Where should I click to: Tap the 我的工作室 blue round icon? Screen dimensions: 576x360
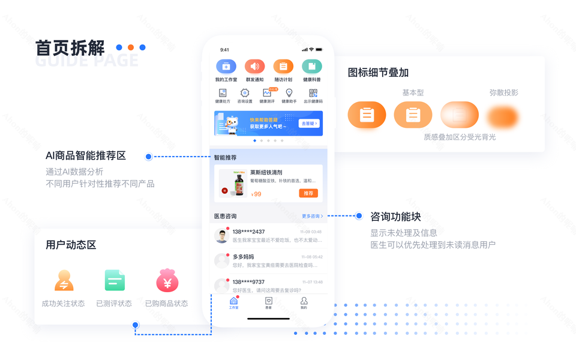pos(226,67)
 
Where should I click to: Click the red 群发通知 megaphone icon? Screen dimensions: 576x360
pos(255,67)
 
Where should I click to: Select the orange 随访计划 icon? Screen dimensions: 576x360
pos(283,67)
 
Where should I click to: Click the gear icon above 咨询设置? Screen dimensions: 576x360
pos(245,93)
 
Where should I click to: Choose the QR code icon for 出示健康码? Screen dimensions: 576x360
pos(313,93)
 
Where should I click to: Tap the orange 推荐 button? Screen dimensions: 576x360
pos(308,193)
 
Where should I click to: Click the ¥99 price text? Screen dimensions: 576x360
pos(256,194)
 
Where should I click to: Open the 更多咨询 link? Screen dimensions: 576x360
pos(312,216)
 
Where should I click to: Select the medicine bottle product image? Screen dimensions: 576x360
pos(232,184)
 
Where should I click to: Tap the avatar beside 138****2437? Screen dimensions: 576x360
pos(222,236)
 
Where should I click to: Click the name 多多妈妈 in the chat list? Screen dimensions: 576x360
pos(243,257)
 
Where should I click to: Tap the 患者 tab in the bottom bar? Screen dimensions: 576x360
pos(269,302)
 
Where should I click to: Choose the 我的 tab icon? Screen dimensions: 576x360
pos(304,302)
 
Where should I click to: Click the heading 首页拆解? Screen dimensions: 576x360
pos(70,48)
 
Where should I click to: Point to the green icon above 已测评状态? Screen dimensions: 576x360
pos(115,280)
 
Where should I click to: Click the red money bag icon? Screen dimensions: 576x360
pos(167,280)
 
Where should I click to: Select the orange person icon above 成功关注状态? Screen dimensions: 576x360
pos(64,280)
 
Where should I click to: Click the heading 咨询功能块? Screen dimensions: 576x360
pos(395,217)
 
